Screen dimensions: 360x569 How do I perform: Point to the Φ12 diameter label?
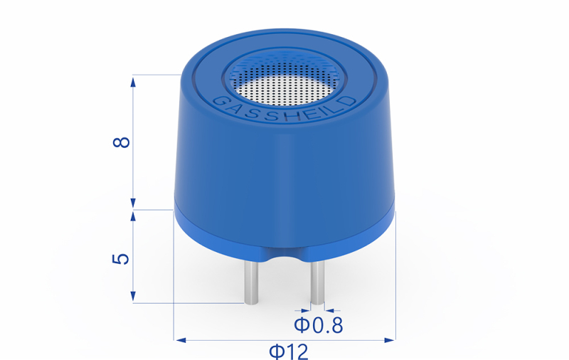coord(288,351)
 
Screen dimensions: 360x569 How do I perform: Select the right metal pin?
coord(316,280)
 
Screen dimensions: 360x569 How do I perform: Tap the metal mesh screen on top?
coord(284,86)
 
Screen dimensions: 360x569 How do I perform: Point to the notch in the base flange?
coord(283,251)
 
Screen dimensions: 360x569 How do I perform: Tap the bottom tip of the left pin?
coord(250,302)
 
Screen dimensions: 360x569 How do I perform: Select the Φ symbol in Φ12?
coord(276,351)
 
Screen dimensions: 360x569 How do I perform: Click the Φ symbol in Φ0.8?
coord(302,327)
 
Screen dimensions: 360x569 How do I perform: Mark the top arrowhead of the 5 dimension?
coord(133,215)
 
